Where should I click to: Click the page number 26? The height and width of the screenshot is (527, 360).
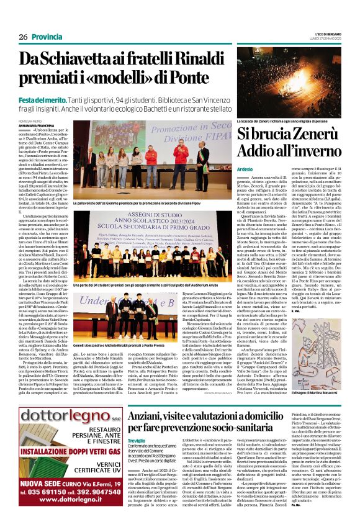(x=24, y=37)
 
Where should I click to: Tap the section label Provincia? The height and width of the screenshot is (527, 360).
(x=47, y=37)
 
